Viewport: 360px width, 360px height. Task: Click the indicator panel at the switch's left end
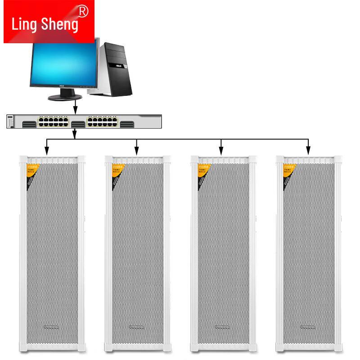click(x=11, y=122)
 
